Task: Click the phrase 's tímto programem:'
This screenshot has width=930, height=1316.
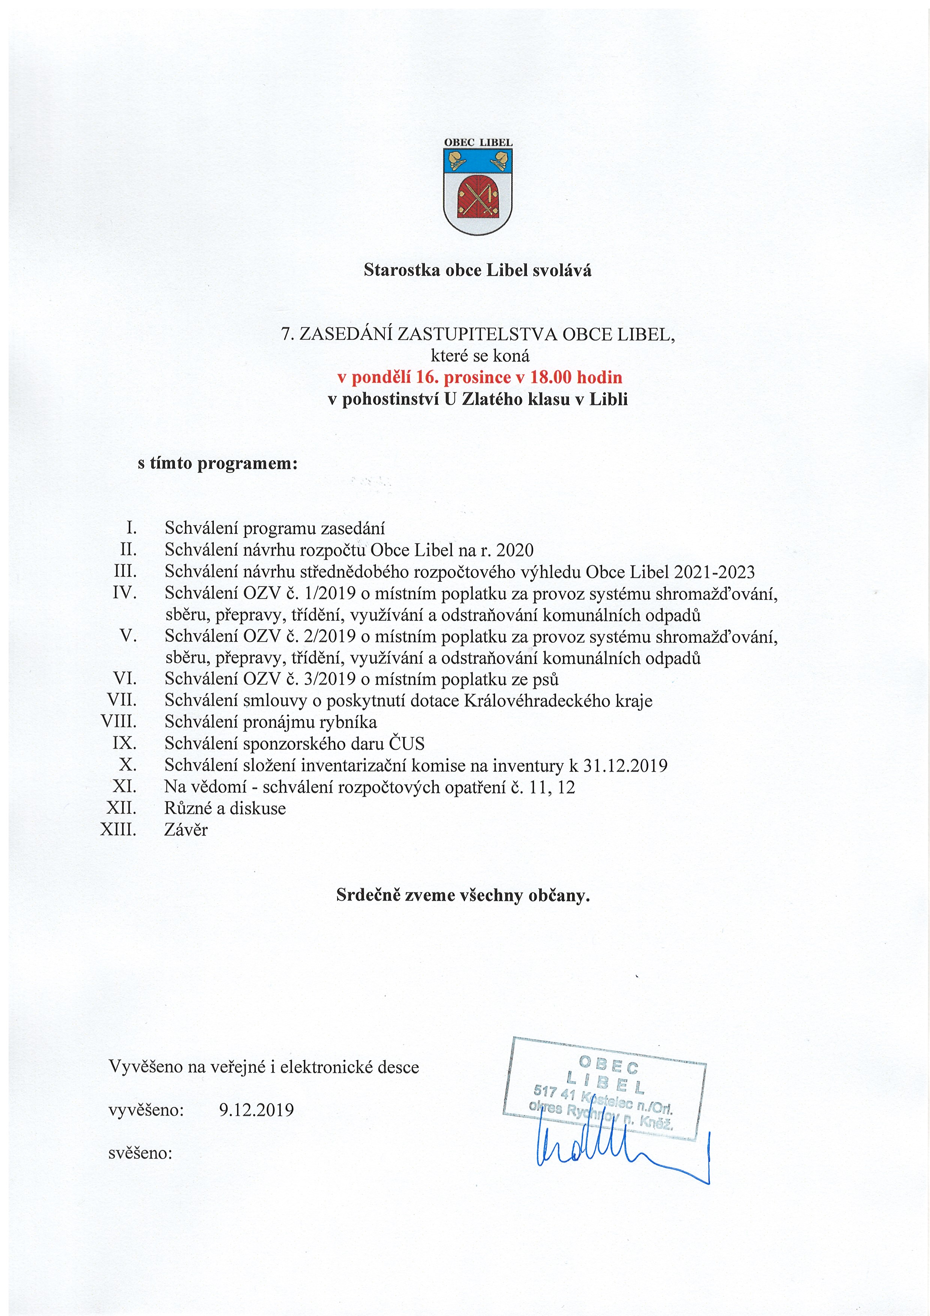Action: pos(218,463)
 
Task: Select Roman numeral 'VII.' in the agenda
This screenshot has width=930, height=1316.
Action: pos(122,700)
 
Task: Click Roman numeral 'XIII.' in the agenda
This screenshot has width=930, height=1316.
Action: pos(118,829)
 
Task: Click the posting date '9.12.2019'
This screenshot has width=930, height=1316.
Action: pos(256,1110)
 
